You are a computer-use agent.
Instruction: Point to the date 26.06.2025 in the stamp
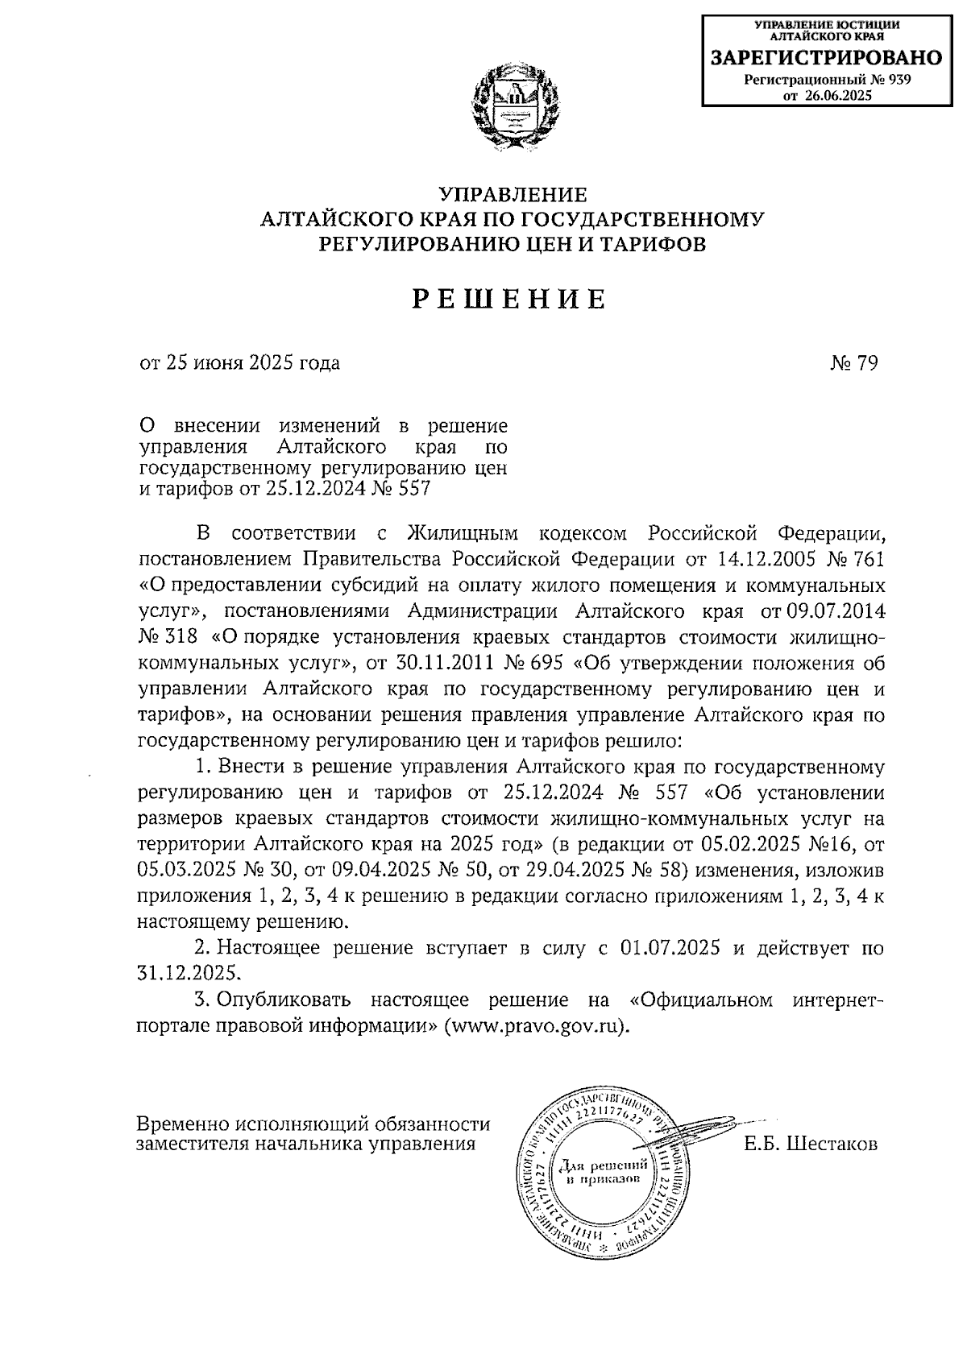[839, 95]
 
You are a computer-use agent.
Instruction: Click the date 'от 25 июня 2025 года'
[239, 363]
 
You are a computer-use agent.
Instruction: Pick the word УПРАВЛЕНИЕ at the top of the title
[513, 195]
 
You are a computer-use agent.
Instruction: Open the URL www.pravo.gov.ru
[534, 1027]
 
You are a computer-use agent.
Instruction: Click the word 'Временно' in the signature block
[183, 1124]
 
